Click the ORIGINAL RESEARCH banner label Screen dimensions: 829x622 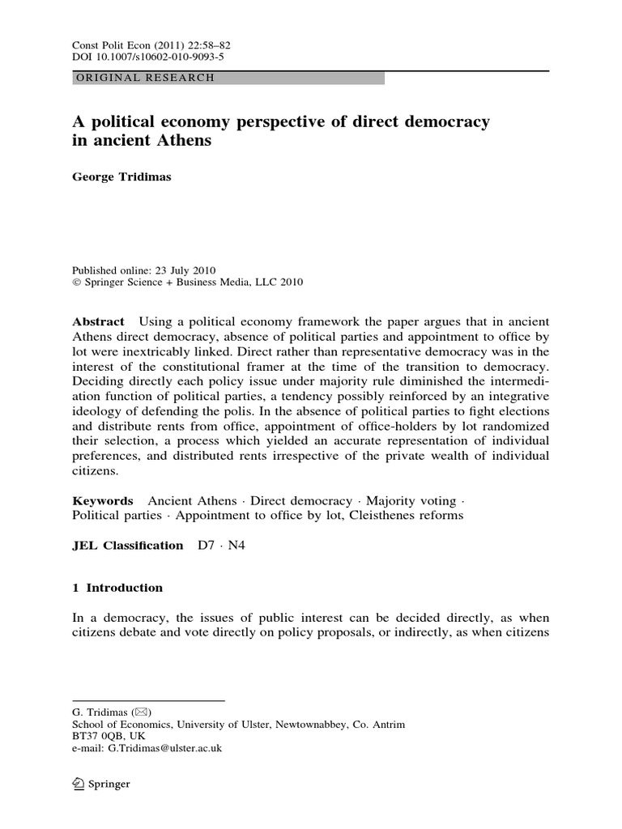pos(144,79)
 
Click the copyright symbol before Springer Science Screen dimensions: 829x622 pos(77,282)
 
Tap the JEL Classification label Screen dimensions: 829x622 pos(128,546)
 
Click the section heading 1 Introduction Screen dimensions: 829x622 pos(117,588)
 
